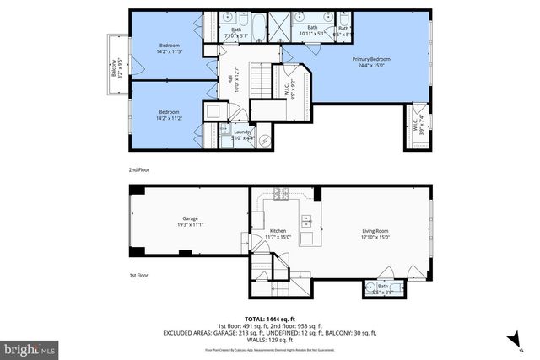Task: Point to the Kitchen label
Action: tap(278, 230)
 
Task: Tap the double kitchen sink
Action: tap(308, 223)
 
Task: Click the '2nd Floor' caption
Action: tap(140, 169)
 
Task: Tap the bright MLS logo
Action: tap(28, 347)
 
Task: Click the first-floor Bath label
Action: tap(383, 286)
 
